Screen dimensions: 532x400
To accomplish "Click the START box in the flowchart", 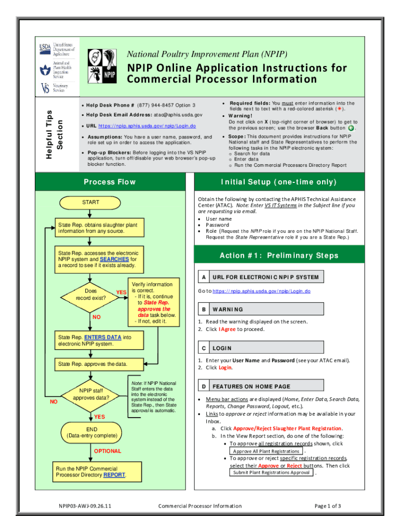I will coord(90,202).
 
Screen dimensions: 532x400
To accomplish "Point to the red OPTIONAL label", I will coord(108,451).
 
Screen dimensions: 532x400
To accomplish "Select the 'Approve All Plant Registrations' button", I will coord(266,451).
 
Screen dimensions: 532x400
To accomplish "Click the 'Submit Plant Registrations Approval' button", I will coord(272,472).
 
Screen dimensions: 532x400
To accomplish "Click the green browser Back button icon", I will coord(351,128).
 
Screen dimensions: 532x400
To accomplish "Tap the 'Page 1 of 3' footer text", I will coord(328,506).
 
